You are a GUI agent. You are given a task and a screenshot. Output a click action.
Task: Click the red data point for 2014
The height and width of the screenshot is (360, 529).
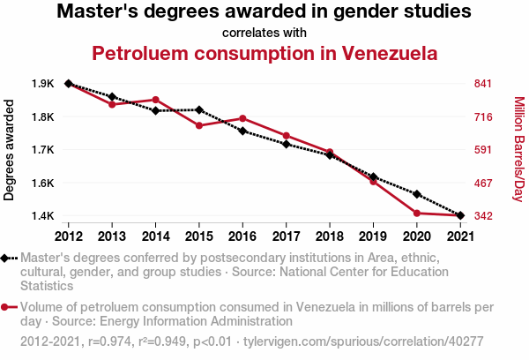coord(155,100)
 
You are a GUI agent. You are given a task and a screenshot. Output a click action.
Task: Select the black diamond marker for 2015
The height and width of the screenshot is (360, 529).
coord(199,110)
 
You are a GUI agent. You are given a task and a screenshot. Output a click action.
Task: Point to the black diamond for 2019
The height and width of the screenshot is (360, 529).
coord(374,177)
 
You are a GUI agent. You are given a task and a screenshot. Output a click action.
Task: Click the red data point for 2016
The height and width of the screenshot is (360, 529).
coord(242,118)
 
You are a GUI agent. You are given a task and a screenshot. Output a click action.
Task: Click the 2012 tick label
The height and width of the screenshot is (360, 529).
coord(68,236)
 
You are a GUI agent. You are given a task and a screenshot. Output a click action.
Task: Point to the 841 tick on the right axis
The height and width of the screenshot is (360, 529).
coord(482,84)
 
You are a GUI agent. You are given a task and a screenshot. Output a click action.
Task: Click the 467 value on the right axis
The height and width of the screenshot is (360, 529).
coord(482,183)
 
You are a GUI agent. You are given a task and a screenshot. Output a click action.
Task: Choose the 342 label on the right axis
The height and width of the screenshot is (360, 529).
coord(482,216)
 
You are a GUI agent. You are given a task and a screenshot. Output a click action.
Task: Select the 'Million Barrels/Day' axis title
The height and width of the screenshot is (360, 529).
coord(518,150)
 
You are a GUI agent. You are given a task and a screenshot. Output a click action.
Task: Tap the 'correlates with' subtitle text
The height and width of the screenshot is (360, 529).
coord(264,33)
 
